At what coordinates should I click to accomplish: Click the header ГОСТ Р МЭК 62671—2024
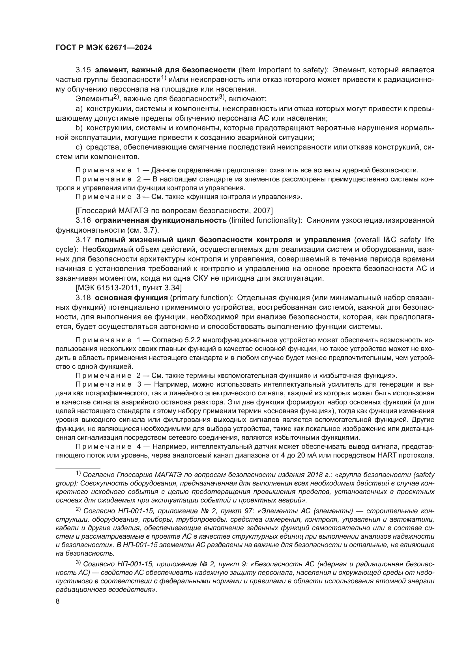[104, 48]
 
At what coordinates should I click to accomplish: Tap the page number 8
[58, 601]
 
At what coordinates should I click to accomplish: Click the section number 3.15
[83, 70]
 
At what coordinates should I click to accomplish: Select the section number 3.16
[83, 220]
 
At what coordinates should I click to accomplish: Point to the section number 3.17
[83, 240]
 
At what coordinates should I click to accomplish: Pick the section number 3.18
[83, 298]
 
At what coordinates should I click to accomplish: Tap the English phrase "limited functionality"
[265, 220]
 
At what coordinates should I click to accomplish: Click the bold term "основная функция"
[131, 298]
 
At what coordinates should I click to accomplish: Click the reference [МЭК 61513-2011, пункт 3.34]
[128, 288]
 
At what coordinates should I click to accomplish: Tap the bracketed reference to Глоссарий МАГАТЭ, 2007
[174, 211]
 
